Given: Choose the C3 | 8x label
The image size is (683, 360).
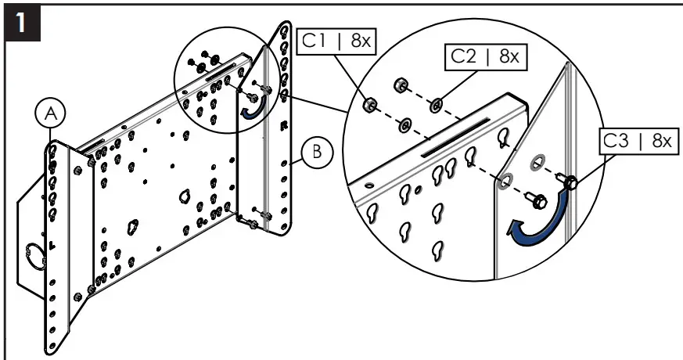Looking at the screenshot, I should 636,141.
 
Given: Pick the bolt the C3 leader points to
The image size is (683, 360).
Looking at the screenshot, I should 570,184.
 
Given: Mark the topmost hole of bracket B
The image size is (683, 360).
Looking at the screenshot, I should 284,35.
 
